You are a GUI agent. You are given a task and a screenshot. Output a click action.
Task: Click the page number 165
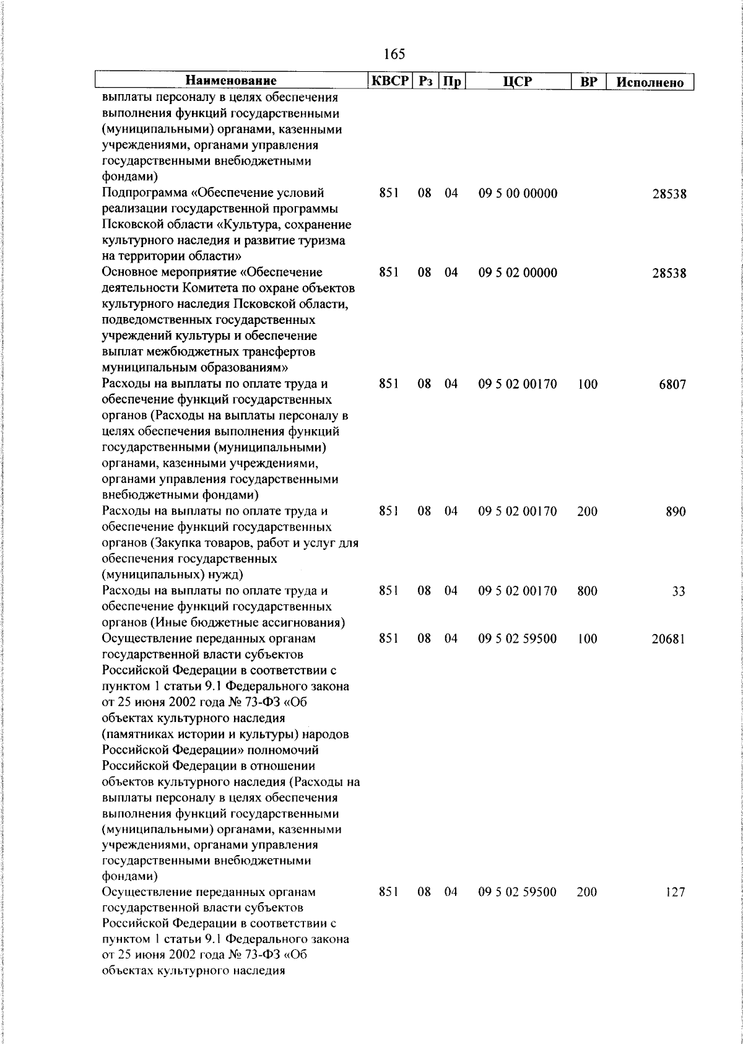coord(394,54)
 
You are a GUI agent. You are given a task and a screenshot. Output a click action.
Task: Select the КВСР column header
coord(389,81)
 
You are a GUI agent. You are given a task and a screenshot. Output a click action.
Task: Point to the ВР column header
coord(588,81)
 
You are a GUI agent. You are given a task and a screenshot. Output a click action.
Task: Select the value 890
coord(676,512)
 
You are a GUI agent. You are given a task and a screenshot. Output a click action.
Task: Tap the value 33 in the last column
coord(679,591)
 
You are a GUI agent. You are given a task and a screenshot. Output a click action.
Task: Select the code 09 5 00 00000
coord(518,194)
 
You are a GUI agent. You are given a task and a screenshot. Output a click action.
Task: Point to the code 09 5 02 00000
coord(518,273)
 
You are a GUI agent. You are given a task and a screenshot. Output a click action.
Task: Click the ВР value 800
coord(587,591)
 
